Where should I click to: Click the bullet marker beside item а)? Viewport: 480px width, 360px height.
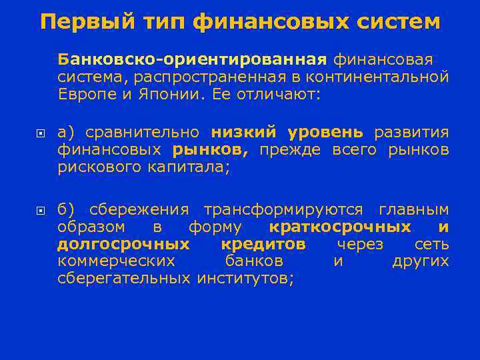tap(40, 133)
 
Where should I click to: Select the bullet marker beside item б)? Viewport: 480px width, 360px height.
tap(40, 211)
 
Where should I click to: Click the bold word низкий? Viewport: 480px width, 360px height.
tap(247, 132)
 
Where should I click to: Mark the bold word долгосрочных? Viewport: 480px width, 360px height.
tap(123, 244)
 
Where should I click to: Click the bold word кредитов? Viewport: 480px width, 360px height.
tap(263, 244)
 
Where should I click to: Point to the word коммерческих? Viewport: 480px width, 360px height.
tap(117, 261)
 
